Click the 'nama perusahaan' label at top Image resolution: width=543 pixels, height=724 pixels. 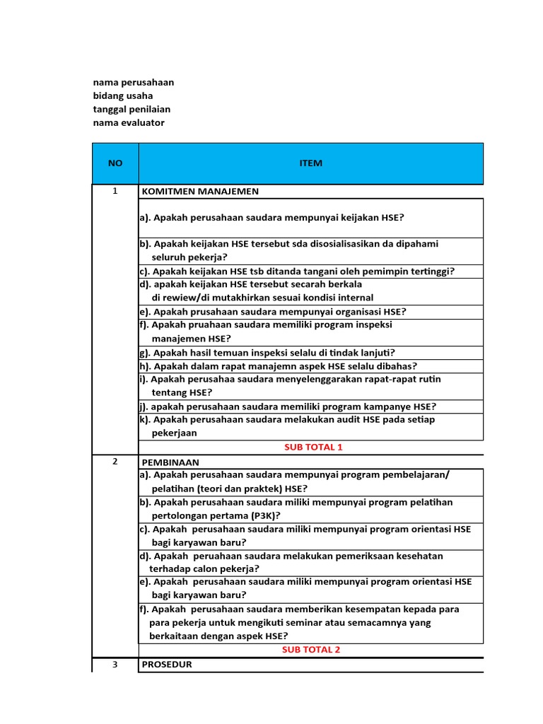tap(133, 82)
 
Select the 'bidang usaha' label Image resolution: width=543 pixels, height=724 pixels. tap(122, 95)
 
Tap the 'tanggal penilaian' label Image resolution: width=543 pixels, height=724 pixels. tap(132, 109)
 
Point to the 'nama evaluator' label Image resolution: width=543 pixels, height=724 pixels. tap(128, 122)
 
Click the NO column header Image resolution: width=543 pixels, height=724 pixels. tap(115, 163)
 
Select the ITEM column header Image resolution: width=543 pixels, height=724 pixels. tap(310, 163)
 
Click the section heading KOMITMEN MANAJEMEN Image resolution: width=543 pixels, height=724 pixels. tap(200, 191)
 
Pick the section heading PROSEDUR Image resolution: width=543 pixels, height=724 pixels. tap(167, 665)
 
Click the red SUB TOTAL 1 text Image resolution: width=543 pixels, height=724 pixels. tap(313, 447)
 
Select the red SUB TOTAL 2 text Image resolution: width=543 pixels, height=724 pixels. tap(311, 650)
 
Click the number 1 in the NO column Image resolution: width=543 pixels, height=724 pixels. tap(115, 191)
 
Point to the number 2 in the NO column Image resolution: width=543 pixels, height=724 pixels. tap(115, 461)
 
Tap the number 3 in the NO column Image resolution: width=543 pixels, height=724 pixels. tap(115, 665)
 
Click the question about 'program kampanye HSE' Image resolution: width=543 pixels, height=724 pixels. tap(288, 407)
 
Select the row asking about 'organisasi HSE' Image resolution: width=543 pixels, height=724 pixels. tap(273, 312)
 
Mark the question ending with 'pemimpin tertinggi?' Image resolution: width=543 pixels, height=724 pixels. tap(297, 271)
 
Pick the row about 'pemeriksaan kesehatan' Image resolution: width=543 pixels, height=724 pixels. tap(291, 556)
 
